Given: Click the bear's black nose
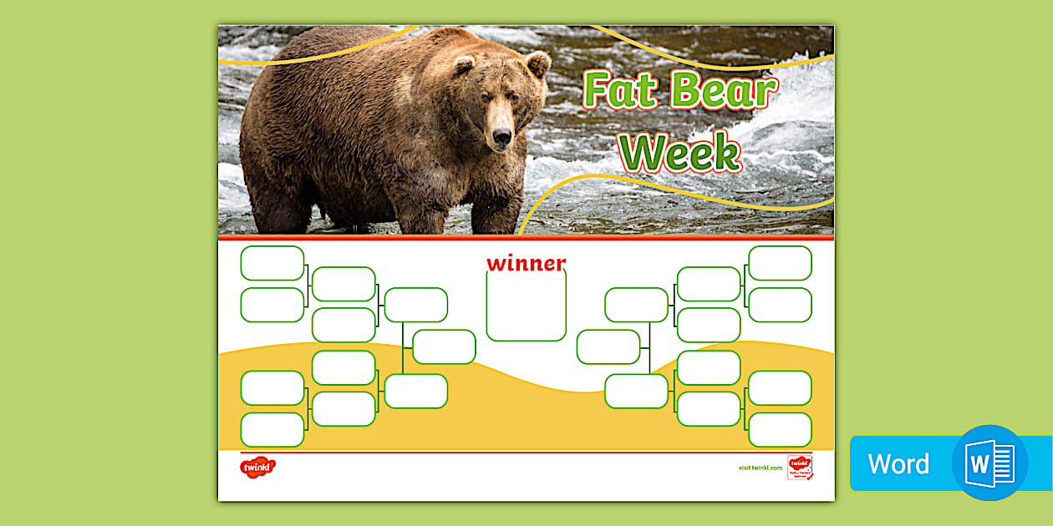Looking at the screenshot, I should tap(501, 136).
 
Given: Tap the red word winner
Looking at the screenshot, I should tap(526, 264).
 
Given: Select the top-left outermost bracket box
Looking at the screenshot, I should tap(272, 263).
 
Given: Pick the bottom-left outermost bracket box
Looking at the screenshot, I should tap(272, 429).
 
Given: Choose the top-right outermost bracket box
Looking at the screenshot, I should tap(780, 263).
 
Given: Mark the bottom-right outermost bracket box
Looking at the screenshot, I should tap(780, 429).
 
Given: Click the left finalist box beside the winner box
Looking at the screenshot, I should tap(444, 346).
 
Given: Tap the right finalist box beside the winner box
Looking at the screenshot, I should tap(608, 346).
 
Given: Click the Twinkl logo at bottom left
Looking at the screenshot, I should tap(257, 468).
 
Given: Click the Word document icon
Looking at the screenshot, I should tap(989, 463).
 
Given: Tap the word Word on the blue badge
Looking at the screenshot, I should tap(898, 463).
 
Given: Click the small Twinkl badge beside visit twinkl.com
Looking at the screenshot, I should tap(800, 467).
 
